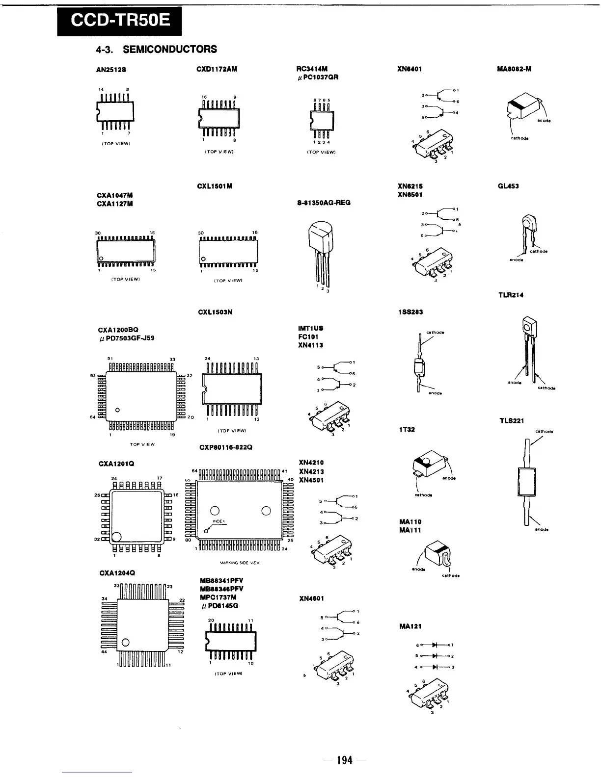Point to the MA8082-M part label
click(x=514, y=69)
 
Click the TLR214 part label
click(x=511, y=295)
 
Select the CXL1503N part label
click(x=215, y=312)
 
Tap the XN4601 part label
click(x=311, y=598)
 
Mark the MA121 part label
click(x=410, y=626)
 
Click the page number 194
click(x=345, y=760)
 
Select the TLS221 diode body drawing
click(x=525, y=481)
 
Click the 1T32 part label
click(x=407, y=430)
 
